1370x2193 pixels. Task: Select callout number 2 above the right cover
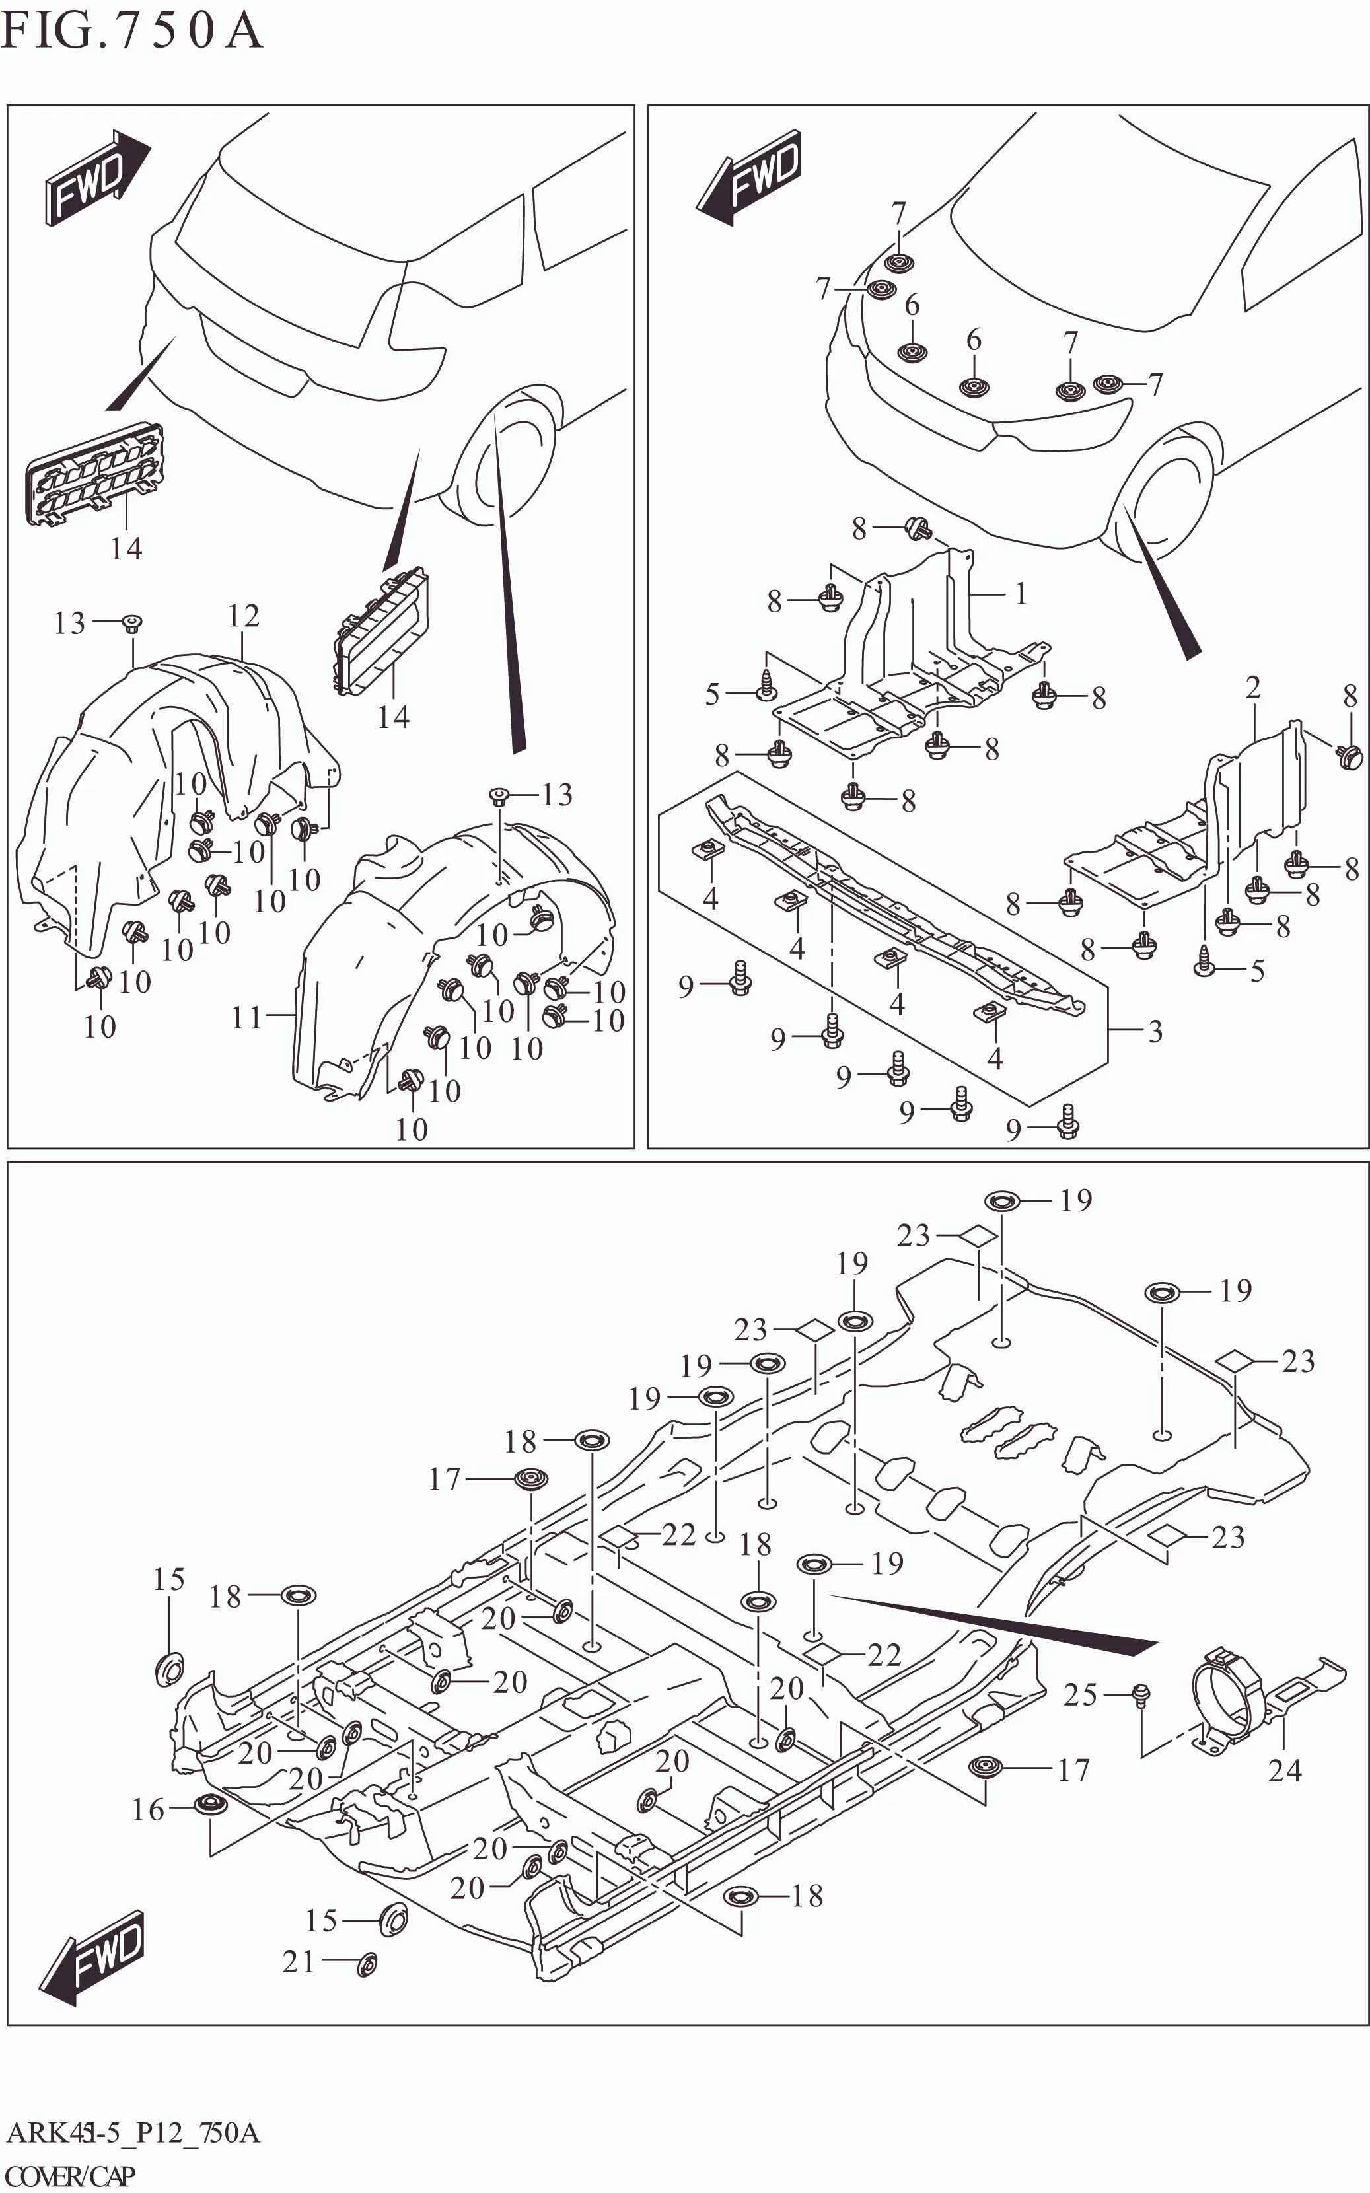[x=1253, y=688]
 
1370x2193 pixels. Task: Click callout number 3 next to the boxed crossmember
[x=1155, y=1031]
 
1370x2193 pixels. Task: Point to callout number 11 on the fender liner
[x=246, y=1017]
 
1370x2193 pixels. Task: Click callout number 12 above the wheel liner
[x=243, y=616]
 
